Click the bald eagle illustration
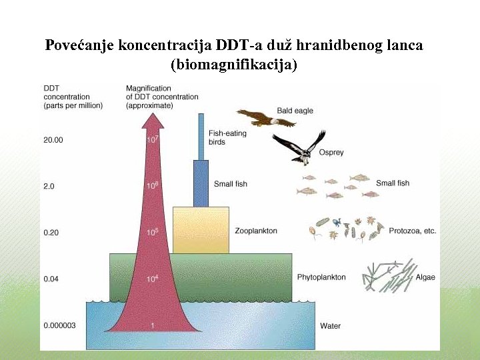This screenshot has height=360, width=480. point(265,119)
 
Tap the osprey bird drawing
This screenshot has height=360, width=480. point(299,147)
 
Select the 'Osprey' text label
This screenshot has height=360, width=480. point(331,153)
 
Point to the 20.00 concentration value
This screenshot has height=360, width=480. point(53,140)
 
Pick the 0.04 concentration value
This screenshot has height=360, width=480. point(52,278)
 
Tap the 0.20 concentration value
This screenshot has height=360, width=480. point(52,232)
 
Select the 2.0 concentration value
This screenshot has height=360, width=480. point(49,186)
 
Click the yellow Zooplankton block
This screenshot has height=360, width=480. point(201,230)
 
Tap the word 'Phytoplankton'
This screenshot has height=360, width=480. point(321,277)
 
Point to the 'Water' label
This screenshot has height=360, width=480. point(330,326)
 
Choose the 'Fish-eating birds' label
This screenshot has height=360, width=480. point(227,137)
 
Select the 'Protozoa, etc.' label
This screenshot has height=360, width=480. point(411,231)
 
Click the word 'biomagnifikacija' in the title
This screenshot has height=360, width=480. point(234,65)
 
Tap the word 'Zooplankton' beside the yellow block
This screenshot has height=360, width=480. point(256,231)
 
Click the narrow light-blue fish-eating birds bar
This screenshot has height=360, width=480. point(201,137)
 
